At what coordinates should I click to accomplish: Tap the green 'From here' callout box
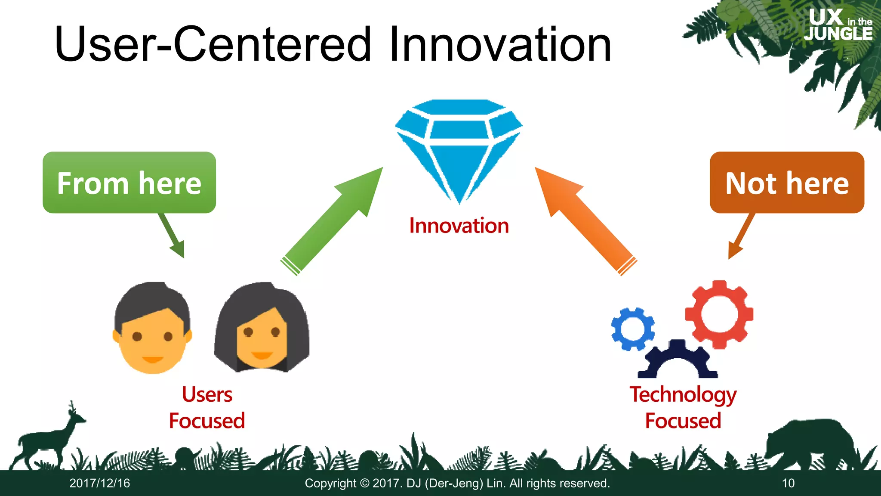click(x=129, y=183)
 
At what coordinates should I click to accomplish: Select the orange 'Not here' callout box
click(x=787, y=183)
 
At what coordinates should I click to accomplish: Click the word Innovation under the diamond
click(x=459, y=226)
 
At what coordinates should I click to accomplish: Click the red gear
click(x=719, y=314)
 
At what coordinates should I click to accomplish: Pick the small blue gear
click(x=632, y=329)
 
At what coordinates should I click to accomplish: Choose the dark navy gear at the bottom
click(x=678, y=360)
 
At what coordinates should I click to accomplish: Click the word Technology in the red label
click(x=683, y=395)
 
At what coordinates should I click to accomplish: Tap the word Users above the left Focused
click(x=207, y=394)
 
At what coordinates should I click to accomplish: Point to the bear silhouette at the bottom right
click(x=809, y=443)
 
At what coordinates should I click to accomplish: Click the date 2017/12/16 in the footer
click(x=99, y=483)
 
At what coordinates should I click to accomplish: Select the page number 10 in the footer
click(x=788, y=483)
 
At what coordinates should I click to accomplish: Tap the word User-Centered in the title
click(x=213, y=44)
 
